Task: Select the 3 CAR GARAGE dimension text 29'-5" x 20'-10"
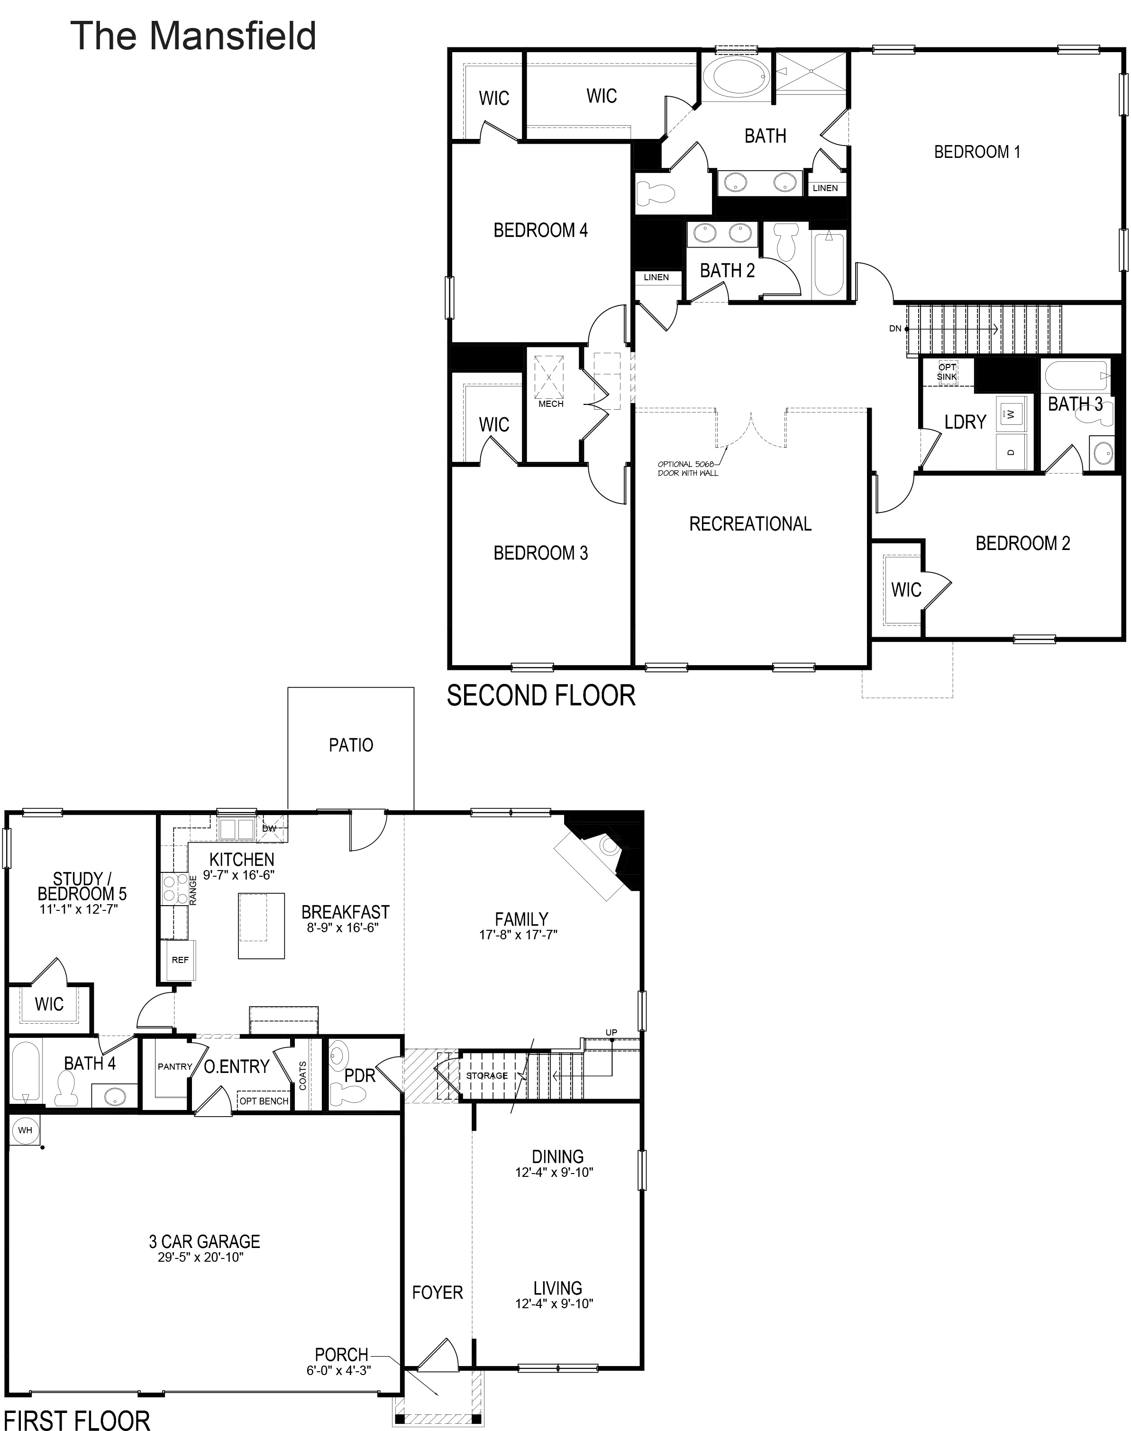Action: point(201,1257)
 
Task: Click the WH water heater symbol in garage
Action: point(25,1130)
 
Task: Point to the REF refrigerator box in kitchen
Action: point(180,960)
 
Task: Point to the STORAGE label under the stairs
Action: point(487,1075)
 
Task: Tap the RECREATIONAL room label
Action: point(750,524)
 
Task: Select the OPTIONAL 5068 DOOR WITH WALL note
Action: point(687,468)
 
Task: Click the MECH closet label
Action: point(551,404)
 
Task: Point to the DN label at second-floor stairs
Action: point(895,329)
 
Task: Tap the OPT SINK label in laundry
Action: point(947,372)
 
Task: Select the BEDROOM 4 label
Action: point(540,230)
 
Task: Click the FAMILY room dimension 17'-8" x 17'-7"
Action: point(519,935)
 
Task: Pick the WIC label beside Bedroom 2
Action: point(906,589)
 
